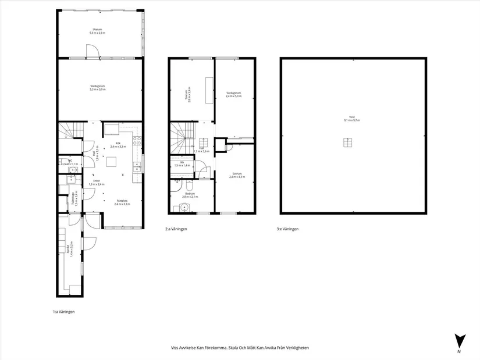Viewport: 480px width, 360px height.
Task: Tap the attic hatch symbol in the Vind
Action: coord(347,142)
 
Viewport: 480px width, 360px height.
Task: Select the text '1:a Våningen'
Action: coord(63,312)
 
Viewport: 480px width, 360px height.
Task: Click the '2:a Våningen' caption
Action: coord(176,229)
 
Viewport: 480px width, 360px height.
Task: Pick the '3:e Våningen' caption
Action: coord(288,229)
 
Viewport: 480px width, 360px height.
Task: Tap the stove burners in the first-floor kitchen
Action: coord(137,140)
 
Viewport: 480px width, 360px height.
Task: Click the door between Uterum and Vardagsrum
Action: coord(93,53)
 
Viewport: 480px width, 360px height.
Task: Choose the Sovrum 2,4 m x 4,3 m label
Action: coord(236,174)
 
